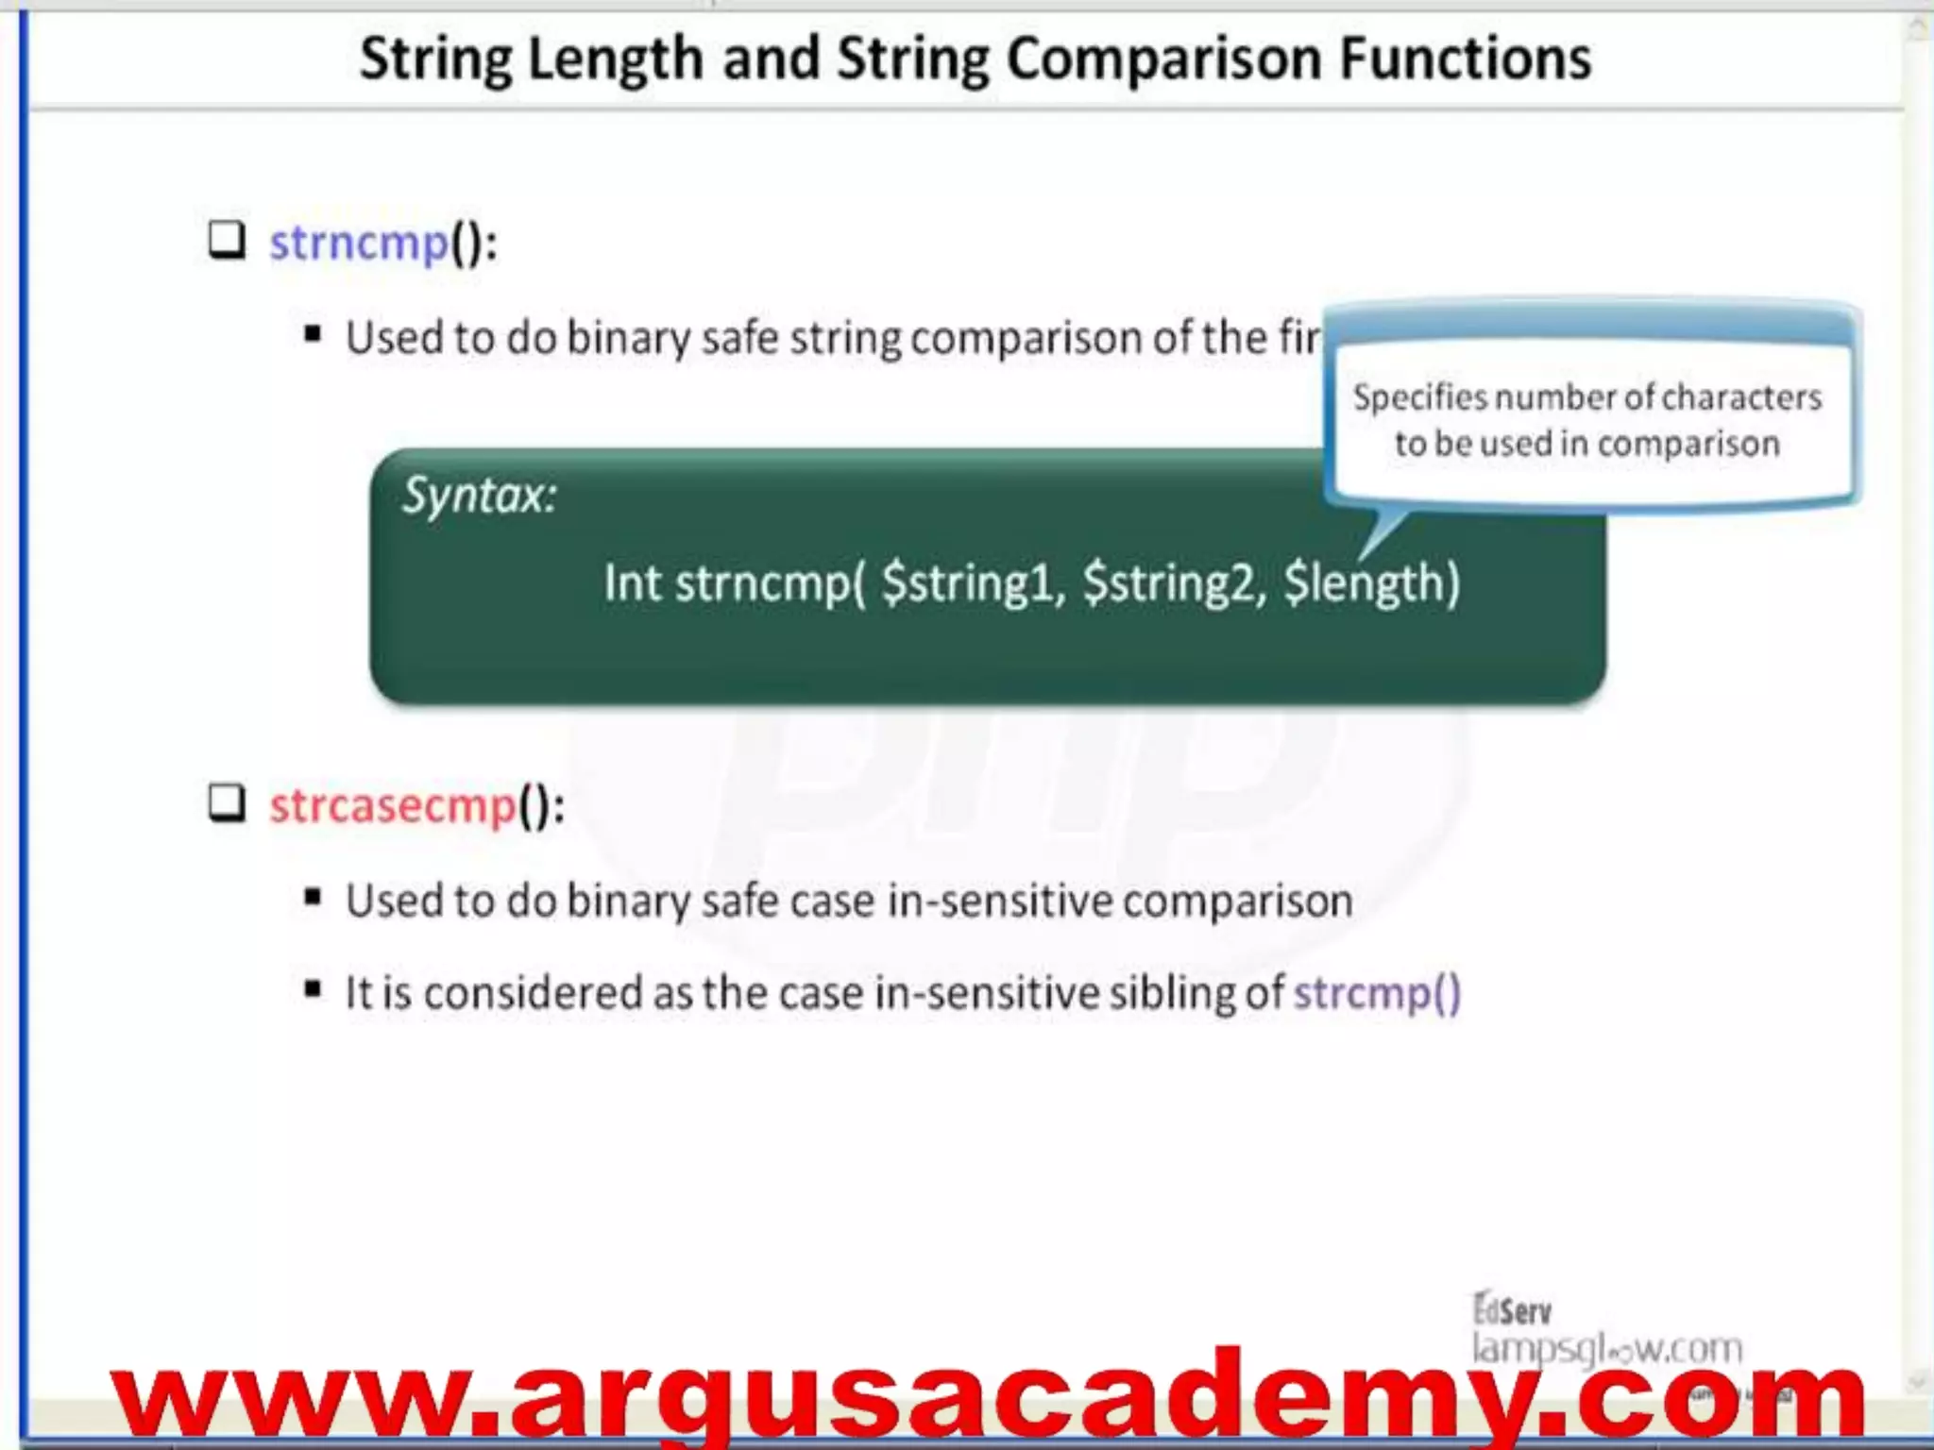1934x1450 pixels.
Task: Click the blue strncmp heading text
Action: pyautogui.click(x=359, y=243)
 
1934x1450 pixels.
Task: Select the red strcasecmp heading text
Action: pyautogui.click(x=393, y=806)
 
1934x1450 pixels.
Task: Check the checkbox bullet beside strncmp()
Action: pyautogui.click(x=227, y=241)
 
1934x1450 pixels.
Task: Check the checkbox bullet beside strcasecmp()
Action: pyautogui.click(x=227, y=803)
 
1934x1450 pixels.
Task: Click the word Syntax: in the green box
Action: pyautogui.click(x=480, y=495)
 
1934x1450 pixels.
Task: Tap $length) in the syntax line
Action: pyautogui.click(x=1371, y=582)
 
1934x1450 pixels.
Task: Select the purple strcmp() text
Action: pyautogui.click(x=1377, y=993)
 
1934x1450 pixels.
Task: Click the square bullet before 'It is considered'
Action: pyautogui.click(x=314, y=990)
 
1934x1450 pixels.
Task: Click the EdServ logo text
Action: pyautogui.click(x=1512, y=1310)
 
